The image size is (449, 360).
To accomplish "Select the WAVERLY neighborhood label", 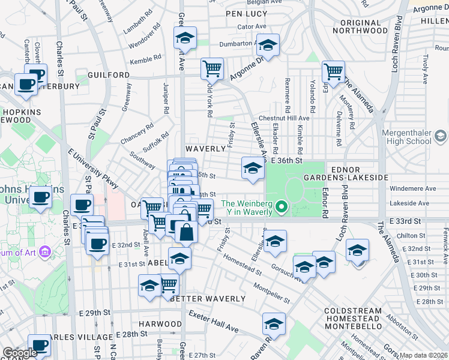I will click(205, 148).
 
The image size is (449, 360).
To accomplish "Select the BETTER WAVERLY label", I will click(208, 299).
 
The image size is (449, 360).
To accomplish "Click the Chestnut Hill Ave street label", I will click(283, 118).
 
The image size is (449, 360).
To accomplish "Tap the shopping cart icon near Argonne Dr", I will click(212, 69).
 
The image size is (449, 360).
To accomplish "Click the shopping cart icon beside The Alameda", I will click(333, 71).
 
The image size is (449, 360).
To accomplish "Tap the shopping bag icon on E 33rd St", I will click(186, 232).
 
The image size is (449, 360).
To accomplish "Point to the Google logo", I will click(20, 353).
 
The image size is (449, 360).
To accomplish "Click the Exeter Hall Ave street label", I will click(214, 322).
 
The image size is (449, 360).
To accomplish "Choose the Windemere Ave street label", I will click(413, 188).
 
